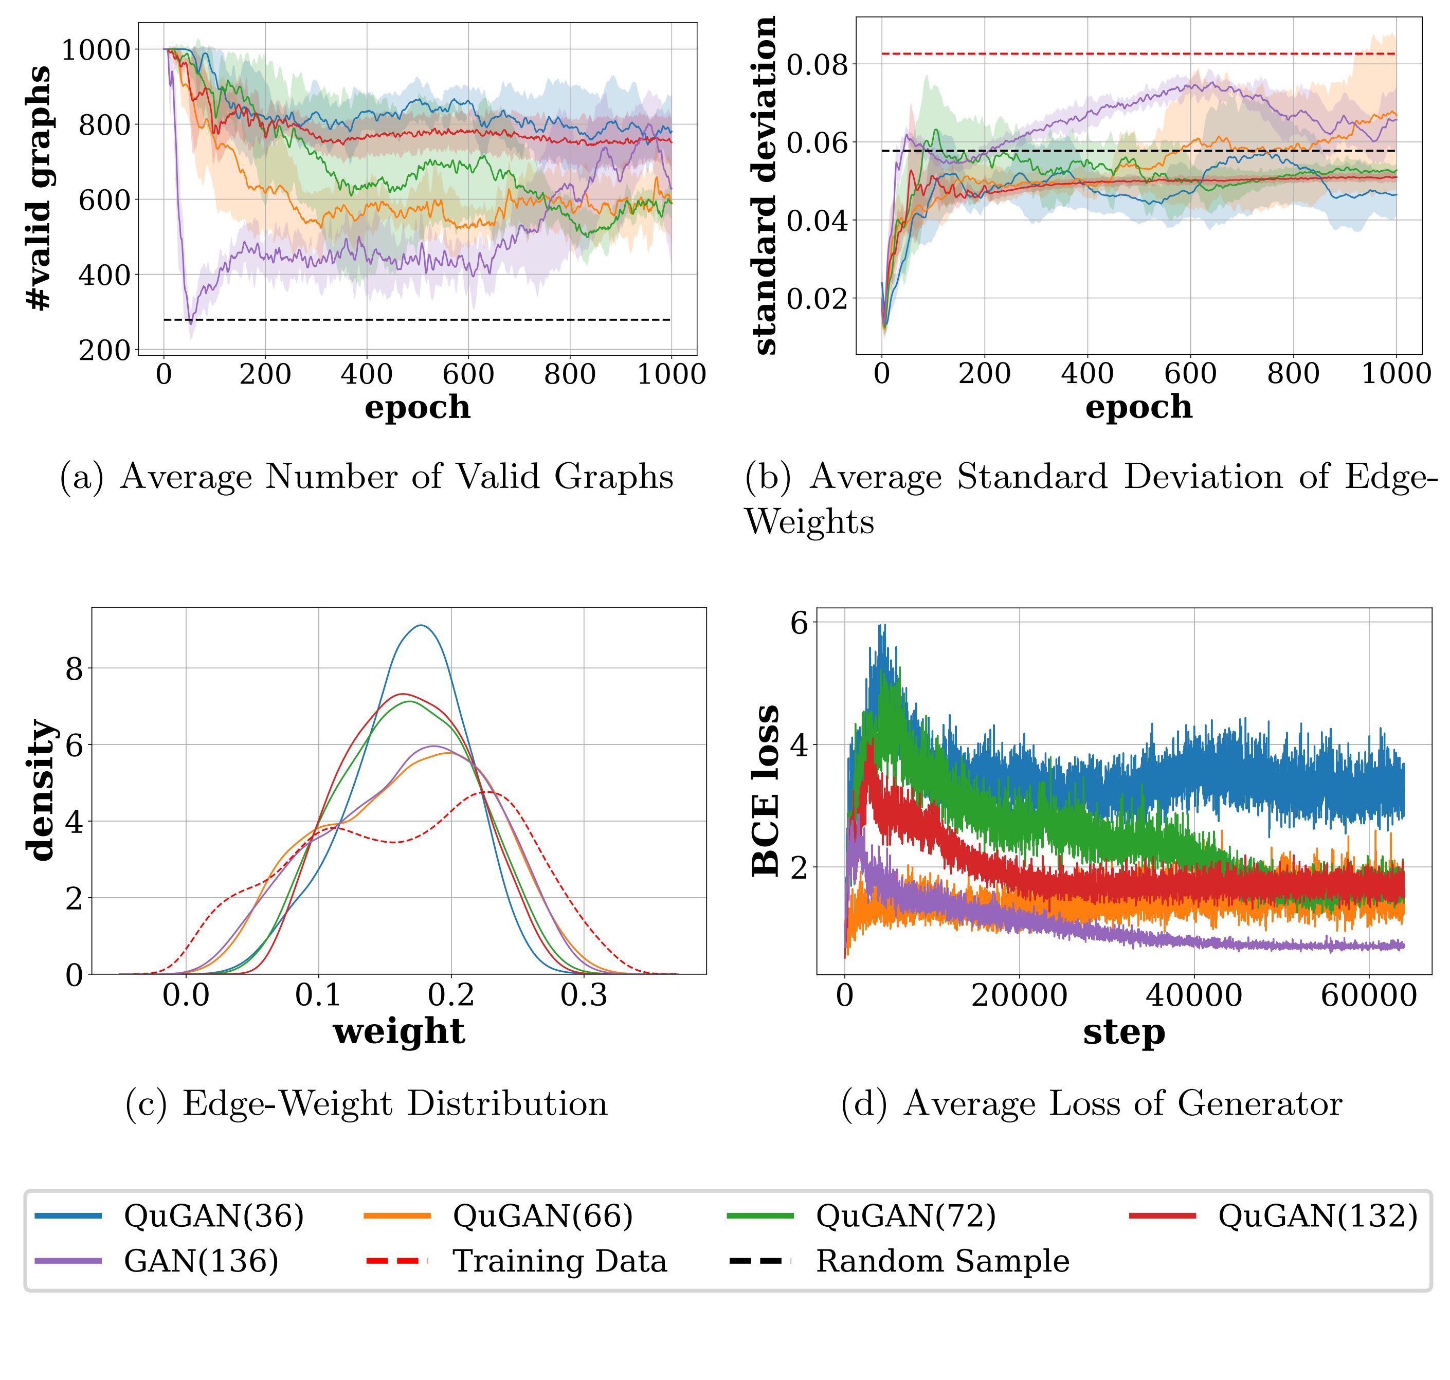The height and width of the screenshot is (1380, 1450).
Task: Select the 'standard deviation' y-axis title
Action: pos(765,186)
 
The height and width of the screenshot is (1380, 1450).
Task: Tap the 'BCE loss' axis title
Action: pos(766,791)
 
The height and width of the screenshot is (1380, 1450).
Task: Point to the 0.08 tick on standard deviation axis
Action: pos(817,64)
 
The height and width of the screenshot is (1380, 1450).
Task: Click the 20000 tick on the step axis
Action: pos(1019,995)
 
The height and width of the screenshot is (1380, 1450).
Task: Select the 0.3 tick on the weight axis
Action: pos(584,995)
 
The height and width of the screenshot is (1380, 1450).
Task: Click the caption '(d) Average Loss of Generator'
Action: pos(1091,1103)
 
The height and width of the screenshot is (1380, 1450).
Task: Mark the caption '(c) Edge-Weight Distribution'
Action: pos(367,1103)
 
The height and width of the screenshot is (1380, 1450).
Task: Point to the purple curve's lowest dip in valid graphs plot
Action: pos(191,322)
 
